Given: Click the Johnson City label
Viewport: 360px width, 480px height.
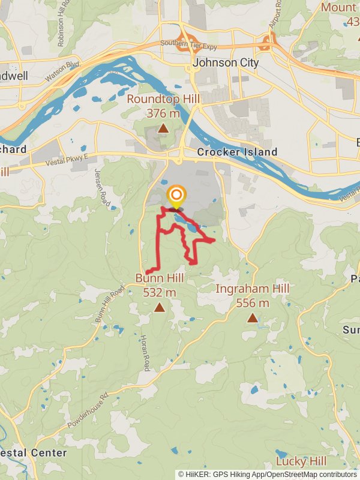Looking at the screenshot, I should pos(226,62).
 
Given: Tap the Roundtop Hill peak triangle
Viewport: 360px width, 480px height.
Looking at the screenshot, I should pos(163,128).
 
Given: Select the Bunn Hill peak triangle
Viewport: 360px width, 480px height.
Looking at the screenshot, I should pos(160,308).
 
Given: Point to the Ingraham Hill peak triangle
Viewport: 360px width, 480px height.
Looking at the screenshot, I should pos(253,318).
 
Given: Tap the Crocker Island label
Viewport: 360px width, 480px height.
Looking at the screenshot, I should pos(237,152).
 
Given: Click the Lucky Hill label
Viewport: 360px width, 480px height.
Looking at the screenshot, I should pos(301,461).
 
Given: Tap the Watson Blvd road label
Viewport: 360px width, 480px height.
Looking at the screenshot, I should pos(62,72).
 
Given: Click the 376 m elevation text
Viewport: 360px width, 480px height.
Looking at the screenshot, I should pos(163,112).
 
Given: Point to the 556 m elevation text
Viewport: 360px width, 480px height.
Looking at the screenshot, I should pos(253,303).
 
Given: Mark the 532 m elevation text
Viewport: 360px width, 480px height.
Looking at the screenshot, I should pos(160,292).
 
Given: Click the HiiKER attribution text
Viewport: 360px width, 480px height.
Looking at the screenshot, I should pos(266,474).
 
